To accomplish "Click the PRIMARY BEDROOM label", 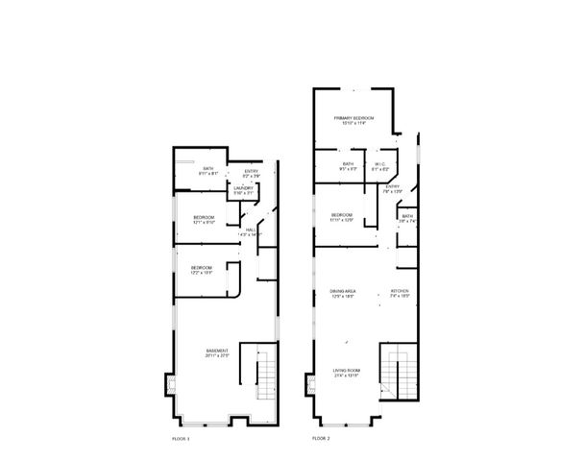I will (353, 117).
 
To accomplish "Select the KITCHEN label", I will (400, 291).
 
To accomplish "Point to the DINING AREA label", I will (343, 291).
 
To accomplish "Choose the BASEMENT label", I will (216, 351).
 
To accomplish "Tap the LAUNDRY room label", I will (243, 188).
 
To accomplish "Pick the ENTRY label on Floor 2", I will (392, 186).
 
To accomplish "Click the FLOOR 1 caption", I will (182, 438).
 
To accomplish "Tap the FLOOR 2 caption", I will (321, 438).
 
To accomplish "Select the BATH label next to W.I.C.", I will (348, 163).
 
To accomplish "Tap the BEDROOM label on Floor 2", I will (342, 214).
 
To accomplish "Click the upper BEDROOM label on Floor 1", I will (204, 217).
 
